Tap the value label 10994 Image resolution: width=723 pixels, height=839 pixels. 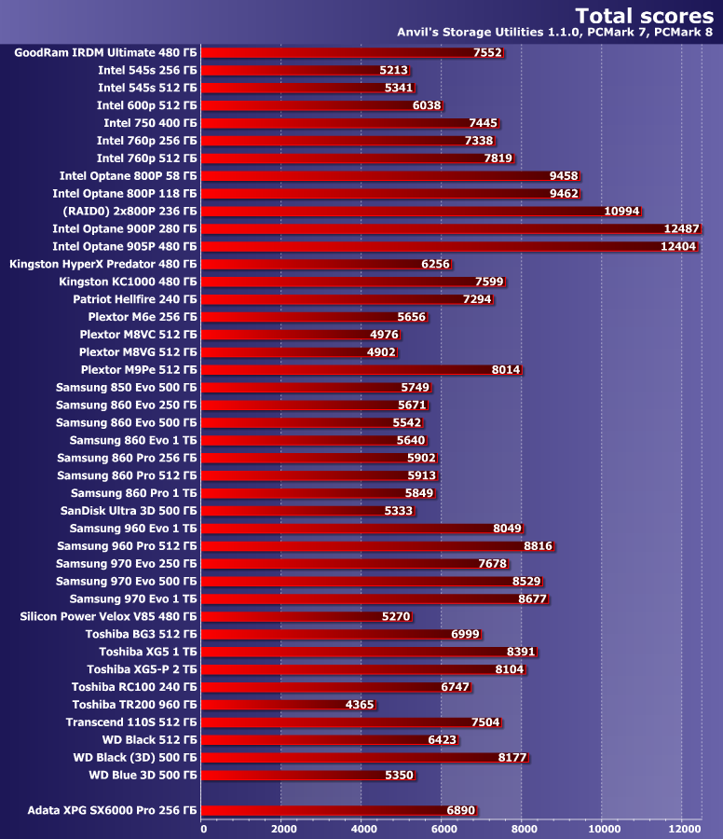[621, 212]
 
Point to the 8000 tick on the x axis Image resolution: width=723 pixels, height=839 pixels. [524, 828]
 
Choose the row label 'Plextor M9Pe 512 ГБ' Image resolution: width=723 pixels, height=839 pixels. [139, 370]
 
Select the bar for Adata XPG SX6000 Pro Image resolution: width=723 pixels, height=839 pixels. [339, 811]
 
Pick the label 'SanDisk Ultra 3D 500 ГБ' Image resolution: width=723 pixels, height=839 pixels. [129, 511]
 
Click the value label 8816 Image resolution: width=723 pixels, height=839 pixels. [538, 546]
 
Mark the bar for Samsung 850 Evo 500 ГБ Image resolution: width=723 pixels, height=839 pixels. [317, 388]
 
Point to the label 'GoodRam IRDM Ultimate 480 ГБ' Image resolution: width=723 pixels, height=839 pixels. [105, 53]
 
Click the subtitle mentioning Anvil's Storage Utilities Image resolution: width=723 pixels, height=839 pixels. [555, 33]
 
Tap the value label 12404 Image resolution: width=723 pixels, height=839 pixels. [677, 246]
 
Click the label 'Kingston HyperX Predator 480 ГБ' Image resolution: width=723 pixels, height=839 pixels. [102, 264]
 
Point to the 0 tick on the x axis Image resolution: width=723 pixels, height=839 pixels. [203, 828]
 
